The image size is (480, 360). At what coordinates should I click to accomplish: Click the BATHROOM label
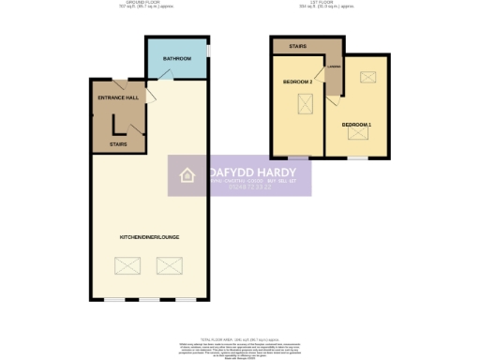click(176, 59)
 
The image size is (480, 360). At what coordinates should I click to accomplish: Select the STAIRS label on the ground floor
click(118, 144)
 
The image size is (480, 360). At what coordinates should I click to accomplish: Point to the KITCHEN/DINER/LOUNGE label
click(148, 236)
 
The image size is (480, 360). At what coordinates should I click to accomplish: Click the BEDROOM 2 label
click(297, 82)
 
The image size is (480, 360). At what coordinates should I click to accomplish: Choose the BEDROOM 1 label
click(356, 125)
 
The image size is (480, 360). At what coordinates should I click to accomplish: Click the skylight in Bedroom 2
click(304, 105)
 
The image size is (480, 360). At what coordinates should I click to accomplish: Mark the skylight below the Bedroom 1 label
click(357, 135)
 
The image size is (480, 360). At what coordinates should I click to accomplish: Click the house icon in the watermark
click(187, 174)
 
